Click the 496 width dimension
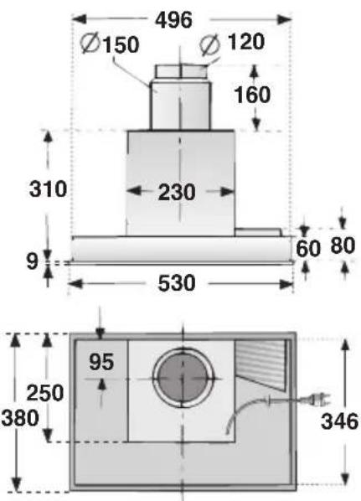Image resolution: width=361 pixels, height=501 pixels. [173, 20]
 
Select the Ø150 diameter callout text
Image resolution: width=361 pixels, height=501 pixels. [110, 44]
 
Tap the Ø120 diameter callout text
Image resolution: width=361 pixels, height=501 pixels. [232, 42]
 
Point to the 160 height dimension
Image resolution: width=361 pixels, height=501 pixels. [252, 95]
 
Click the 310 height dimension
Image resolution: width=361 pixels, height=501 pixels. [48, 189]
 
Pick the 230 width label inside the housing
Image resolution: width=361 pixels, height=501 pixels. [177, 192]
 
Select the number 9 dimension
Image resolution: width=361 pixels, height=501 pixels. [32, 261]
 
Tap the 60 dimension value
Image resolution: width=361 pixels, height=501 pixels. [308, 248]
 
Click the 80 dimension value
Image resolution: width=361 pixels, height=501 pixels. [343, 245]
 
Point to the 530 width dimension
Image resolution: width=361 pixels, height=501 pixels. [177, 283]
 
